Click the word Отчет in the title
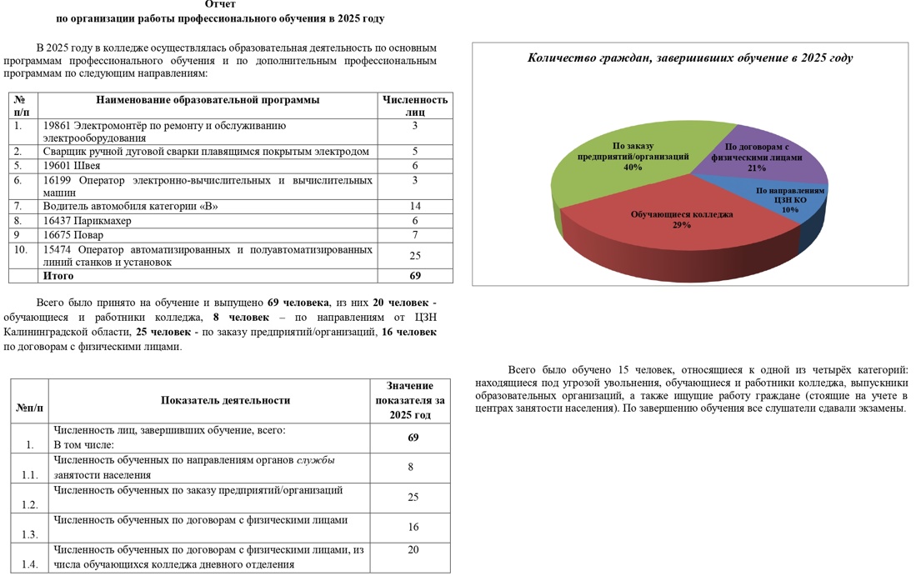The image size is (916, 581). coord(220,4)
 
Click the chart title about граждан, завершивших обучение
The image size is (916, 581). coord(690,58)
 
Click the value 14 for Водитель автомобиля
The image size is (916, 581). coord(415,206)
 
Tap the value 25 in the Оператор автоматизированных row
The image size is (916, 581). coord(415,255)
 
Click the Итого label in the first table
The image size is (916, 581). coord(58,275)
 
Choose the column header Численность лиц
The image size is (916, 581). coord(415,106)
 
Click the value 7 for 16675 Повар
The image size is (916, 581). coord(415,235)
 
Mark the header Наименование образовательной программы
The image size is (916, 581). coord(208,100)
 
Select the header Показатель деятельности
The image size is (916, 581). coord(225,400)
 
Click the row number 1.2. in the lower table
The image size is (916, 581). coord(30,504)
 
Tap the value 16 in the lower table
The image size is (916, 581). coord(413,527)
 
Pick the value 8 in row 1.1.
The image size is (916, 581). coord(411,468)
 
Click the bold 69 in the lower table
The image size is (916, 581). coord(413,438)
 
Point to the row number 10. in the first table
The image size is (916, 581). coord(21,249)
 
